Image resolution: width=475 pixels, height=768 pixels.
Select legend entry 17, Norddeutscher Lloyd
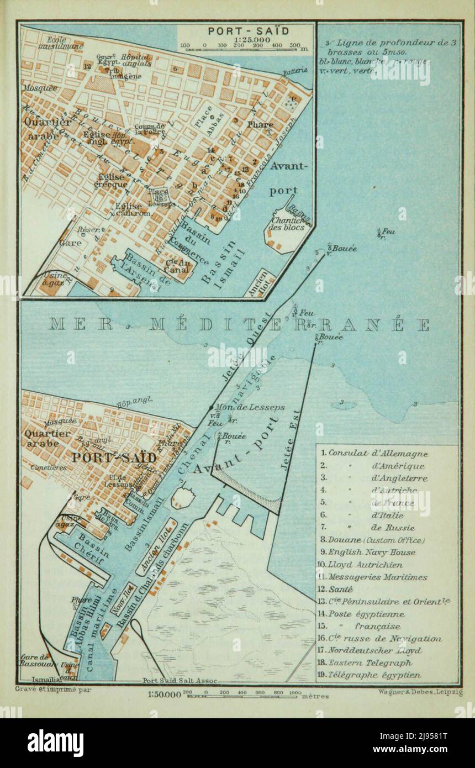[x=374, y=651]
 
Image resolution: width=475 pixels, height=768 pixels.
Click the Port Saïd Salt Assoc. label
[x=180, y=681]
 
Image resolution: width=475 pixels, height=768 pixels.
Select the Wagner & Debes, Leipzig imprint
[x=420, y=692]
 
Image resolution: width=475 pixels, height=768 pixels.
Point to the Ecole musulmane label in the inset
[x=53, y=43]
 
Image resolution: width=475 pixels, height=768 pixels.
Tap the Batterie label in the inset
[x=294, y=72]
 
